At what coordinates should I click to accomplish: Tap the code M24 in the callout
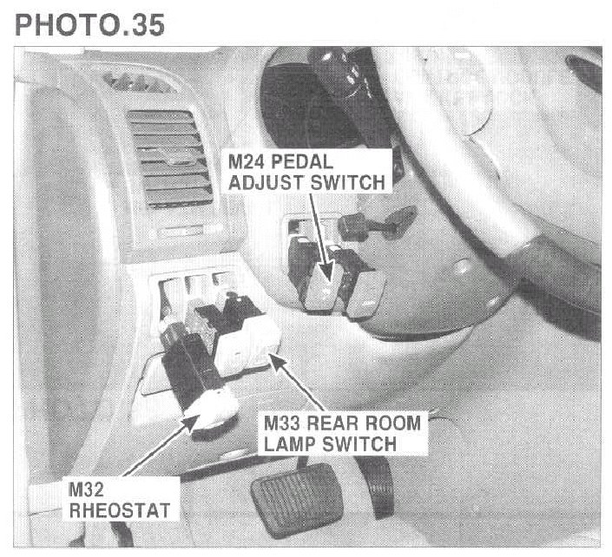pos(249,164)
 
